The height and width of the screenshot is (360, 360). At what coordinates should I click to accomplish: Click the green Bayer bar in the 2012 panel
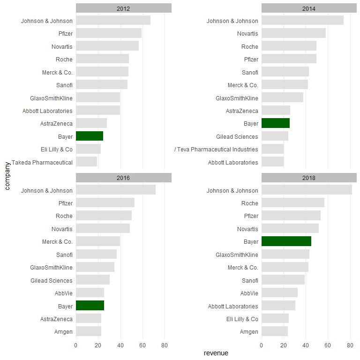90,136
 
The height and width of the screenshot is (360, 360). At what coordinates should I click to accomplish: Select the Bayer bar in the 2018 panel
286,241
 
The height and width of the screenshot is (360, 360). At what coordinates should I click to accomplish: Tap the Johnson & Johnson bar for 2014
302,21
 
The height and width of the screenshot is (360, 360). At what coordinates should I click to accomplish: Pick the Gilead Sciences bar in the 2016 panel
93,280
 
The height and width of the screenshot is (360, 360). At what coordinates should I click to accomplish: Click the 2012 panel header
123,8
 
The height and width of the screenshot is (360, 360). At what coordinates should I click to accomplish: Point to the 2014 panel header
309,8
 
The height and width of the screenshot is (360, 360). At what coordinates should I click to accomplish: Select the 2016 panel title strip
123,178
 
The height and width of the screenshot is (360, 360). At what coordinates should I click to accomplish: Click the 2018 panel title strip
309,178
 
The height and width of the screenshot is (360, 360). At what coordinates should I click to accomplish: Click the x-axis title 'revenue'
216,353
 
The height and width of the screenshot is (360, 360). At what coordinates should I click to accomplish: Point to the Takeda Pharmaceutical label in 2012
42,162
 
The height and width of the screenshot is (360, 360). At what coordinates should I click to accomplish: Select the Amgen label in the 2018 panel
249,331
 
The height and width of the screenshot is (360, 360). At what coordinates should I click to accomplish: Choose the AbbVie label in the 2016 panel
64,293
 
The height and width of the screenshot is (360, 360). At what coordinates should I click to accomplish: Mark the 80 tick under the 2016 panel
165,346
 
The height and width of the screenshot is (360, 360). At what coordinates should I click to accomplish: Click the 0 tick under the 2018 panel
262,346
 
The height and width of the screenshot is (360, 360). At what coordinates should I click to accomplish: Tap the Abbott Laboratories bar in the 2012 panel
98,111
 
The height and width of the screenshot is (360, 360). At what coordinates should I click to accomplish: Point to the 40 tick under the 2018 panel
306,346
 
